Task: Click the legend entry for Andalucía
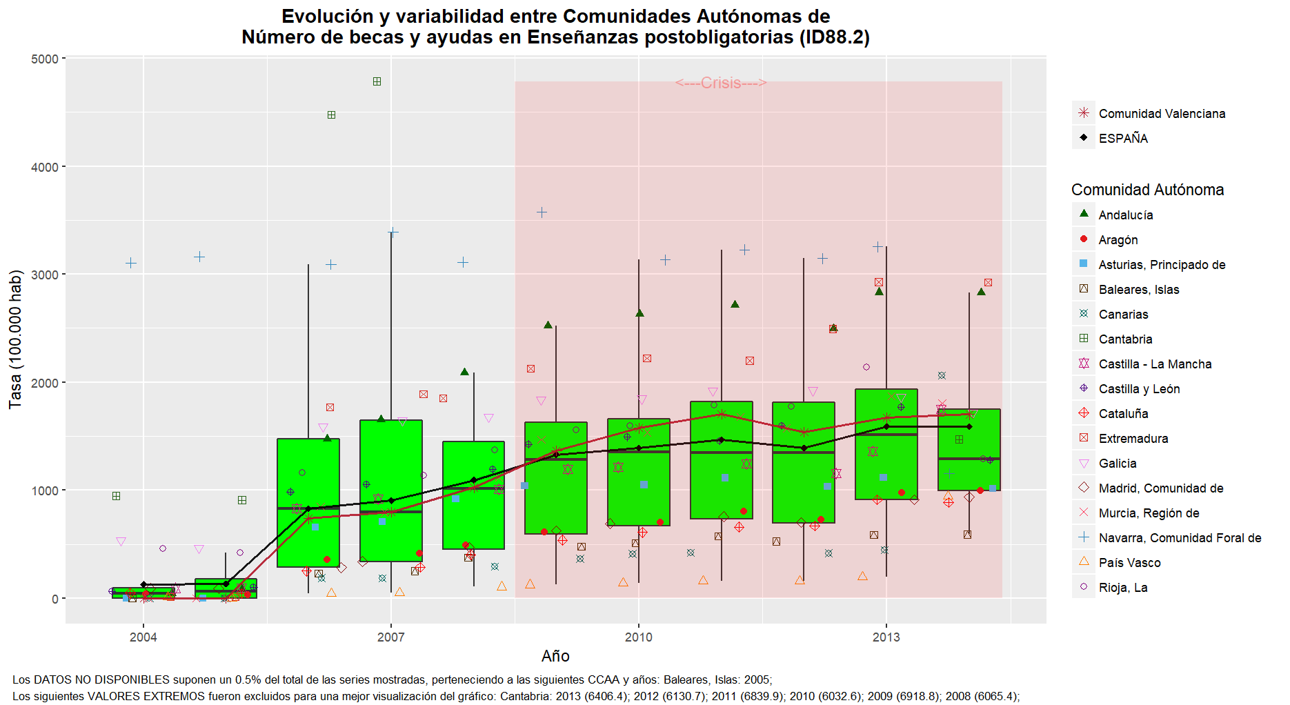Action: pos(1125,215)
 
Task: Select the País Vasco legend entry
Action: pos(1129,563)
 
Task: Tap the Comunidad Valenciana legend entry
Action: pos(1162,114)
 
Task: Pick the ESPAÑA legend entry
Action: pos(1123,139)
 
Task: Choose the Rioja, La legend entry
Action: pos(1123,588)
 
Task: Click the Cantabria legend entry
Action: pos(1125,339)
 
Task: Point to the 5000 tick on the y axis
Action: pos(45,59)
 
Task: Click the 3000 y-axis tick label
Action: pos(45,275)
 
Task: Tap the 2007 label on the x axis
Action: pos(390,637)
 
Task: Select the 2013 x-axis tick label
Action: pos(886,637)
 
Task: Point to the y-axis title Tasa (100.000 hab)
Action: pos(15,339)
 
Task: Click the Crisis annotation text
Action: pos(721,83)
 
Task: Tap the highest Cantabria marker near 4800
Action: pos(377,81)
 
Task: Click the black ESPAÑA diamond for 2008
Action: pos(473,480)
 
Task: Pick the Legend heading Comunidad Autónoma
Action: pos(1147,190)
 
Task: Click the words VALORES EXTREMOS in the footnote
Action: pos(128,697)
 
